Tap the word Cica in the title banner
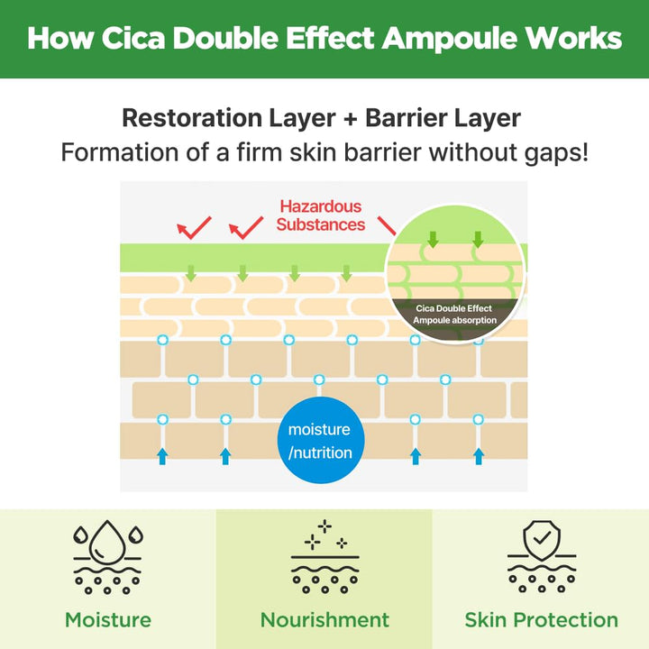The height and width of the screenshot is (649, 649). (x=133, y=38)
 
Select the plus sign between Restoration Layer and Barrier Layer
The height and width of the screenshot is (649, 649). (x=350, y=119)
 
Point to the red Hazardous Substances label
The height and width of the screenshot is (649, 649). (x=320, y=215)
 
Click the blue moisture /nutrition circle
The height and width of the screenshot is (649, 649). (x=321, y=440)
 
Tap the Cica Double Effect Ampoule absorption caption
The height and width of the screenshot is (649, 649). (x=454, y=315)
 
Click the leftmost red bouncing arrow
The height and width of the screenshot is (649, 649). (x=194, y=228)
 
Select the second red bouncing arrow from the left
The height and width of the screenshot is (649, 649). (x=246, y=228)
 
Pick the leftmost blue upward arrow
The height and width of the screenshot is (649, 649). (x=162, y=456)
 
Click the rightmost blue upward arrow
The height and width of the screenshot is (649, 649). (x=479, y=456)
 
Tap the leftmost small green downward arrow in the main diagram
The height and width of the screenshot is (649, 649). (x=191, y=273)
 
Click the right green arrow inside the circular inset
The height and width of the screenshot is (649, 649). (x=478, y=240)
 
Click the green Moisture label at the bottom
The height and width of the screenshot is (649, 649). (x=108, y=620)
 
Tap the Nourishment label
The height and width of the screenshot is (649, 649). (x=324, y=620)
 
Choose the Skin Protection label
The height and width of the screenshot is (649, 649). (x=542, y=620)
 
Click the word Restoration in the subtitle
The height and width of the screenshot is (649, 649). (x=193, y=118)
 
